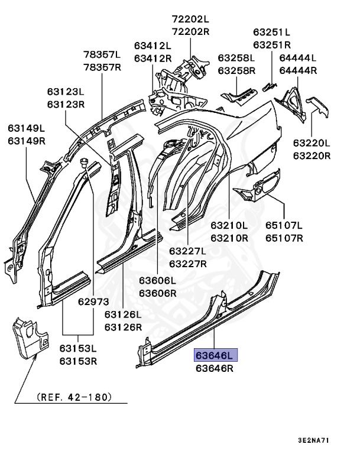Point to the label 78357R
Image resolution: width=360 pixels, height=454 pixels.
click(102, 67)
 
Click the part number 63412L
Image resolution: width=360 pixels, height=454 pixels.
click(153, 46)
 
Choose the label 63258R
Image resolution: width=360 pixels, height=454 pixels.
click(236, 70)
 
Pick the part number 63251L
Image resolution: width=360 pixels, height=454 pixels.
click(272, 32)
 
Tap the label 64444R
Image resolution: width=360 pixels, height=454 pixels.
click(298, 70)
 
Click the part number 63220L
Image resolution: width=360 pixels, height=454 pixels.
click(312, 143)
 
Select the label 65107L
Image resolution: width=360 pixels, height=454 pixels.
click(284, 225)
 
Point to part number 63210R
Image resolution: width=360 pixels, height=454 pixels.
click(229, 238)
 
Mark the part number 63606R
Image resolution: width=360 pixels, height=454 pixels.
click(157, 293)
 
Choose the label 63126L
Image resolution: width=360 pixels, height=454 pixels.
click(123, 314)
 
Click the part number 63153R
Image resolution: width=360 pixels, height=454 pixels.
click(78, 361)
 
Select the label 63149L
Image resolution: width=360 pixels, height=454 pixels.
click(27, 127)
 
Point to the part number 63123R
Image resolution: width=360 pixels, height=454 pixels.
click(66, 104)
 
